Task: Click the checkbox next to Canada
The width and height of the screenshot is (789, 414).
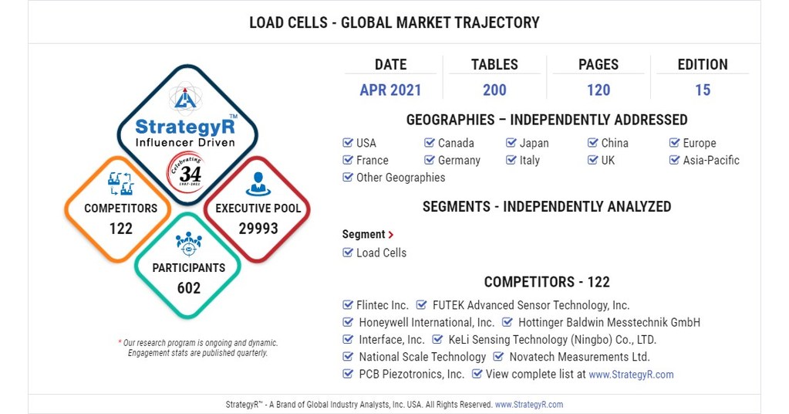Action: [x=430, y=143]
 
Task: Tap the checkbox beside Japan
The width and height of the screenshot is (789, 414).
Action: [x=511, y=143]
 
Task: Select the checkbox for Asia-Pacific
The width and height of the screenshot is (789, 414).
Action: [x=675, y=161]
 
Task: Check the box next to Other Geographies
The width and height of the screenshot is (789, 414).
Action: [x=348, y=178]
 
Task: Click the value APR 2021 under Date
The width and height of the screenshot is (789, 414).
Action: [x=390, y=90]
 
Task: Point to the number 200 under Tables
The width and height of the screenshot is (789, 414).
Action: [x=494, y=90]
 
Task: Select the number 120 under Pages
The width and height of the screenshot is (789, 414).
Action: [x=598, y=90]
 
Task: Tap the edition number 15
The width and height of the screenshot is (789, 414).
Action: [x=702, y=90]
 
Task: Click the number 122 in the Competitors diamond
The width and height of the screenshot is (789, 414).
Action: [x=120, y=229]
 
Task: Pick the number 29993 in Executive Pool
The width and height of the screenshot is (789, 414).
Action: [x=258, y=229]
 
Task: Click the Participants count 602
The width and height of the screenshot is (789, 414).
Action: [x=188, y=288]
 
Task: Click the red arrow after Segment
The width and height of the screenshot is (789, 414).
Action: [x=391, y=235]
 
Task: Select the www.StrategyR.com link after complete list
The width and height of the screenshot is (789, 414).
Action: [x=631, y=375]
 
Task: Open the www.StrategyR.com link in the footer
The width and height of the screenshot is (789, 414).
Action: [x=529, y=405]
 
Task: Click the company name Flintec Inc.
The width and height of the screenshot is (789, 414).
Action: [x=383, y=305]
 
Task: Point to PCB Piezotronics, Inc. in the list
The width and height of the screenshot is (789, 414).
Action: [x=411, y=375]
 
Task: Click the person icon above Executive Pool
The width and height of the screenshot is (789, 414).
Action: [x=258, y=184]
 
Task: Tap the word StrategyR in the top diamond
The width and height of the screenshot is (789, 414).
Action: [x=185, y=127]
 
